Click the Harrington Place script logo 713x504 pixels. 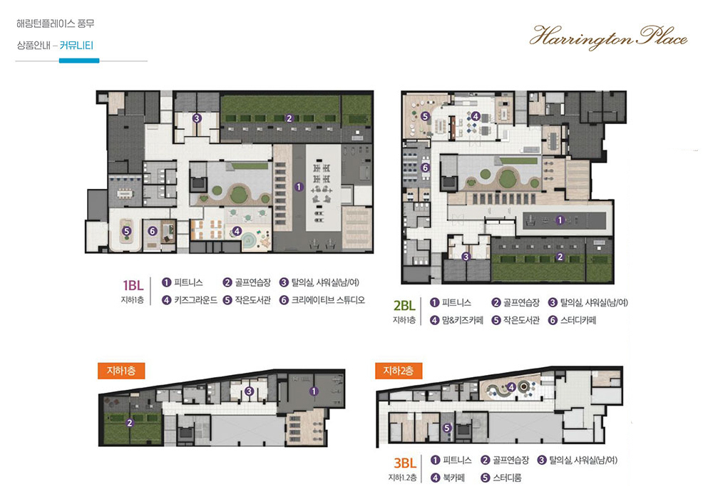point(608,37)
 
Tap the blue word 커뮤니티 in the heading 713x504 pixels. point(76,46)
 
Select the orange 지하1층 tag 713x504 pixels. point(121,371)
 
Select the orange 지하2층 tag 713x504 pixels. point(399,371)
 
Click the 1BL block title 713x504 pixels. point(133,285)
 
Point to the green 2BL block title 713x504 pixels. point(404,305)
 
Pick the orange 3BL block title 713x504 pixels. point(405,463)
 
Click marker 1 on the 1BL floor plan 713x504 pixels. point(299,187)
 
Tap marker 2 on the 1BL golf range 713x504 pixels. point(289,118)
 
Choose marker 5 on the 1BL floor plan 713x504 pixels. point(127,231)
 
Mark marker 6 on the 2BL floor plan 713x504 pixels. point(425,168)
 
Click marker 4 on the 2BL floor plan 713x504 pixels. point(475,116)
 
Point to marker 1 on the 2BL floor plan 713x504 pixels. point(560,220)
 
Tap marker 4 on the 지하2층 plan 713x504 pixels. point(511,387)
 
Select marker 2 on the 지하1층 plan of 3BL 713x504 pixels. point(130,423)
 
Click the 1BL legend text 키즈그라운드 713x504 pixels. point(195,300)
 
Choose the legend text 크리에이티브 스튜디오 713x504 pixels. point(328,300)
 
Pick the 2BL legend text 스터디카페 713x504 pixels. point(578,320)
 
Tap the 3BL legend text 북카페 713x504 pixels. point(453,478)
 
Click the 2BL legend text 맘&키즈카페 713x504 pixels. point(463,320)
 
